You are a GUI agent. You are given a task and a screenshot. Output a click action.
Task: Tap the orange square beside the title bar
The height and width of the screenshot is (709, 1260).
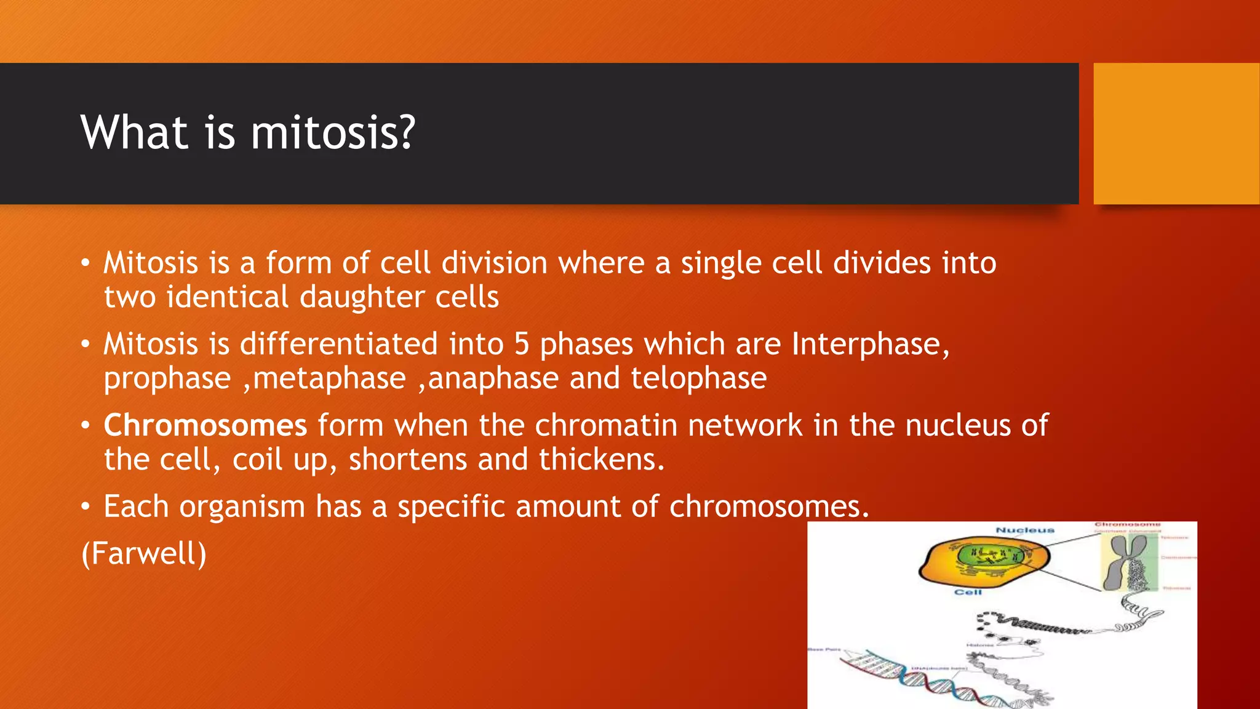click(1176, 133)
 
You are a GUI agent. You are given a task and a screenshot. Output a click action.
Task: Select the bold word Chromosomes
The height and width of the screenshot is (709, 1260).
click(205, 425)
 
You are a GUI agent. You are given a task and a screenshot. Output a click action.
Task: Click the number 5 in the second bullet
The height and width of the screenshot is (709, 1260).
click(521, 343)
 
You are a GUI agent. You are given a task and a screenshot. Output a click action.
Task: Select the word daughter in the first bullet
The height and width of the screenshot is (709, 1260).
click(362, 297)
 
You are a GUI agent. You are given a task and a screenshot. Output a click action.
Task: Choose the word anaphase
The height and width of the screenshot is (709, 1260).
click(493, 378)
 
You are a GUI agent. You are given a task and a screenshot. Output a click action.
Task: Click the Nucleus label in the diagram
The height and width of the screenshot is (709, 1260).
click(1024, 530)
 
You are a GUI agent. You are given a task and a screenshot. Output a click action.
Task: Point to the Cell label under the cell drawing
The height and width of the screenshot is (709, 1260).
click(968, 592)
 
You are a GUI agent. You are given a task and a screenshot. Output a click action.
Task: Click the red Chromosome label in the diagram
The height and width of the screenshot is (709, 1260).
click(1127, 524)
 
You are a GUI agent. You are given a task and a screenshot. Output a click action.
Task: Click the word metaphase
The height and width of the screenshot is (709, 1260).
click(329, 378)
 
